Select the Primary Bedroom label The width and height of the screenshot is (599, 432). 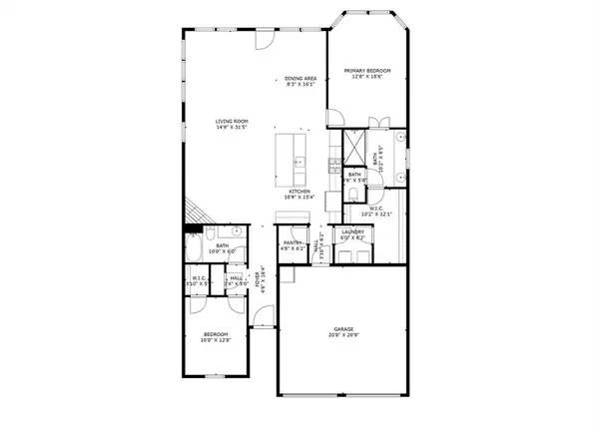(x=367, y=70)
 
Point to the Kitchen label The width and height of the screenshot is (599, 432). (x=300, y=191)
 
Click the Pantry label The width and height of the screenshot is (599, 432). (x=293, y=242)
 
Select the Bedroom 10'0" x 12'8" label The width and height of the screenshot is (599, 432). (x=217, y=336)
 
